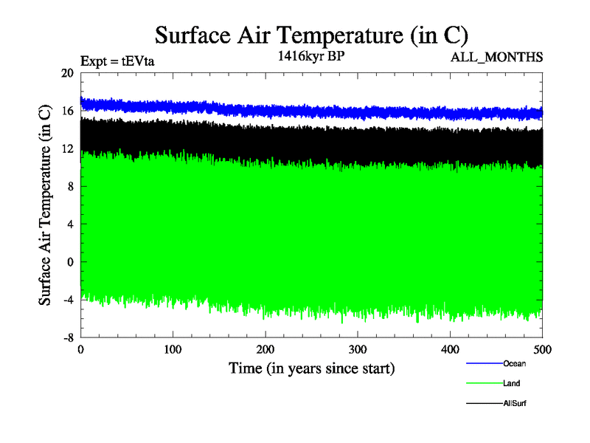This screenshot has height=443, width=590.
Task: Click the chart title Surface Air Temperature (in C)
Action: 311,35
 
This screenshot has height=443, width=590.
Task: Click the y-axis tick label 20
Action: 67,73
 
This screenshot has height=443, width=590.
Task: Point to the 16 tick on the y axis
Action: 67,111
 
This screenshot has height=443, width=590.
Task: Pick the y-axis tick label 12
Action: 67,148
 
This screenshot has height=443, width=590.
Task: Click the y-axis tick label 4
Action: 70,224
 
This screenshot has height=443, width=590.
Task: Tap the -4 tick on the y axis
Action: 68,300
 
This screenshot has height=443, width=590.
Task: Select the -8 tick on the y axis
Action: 68,337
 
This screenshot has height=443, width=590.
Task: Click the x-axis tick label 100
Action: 173,349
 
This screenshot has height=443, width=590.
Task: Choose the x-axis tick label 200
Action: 265,349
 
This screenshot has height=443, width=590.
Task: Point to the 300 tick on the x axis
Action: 358,349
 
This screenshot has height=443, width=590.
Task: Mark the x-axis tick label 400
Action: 450,349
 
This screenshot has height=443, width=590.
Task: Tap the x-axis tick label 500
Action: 542,349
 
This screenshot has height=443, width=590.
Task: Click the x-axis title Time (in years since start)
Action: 311,368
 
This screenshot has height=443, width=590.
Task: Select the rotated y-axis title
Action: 46,205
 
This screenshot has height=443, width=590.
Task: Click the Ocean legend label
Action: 515,363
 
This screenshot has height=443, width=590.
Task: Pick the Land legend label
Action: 513,384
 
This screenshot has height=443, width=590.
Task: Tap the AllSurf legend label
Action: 515,404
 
